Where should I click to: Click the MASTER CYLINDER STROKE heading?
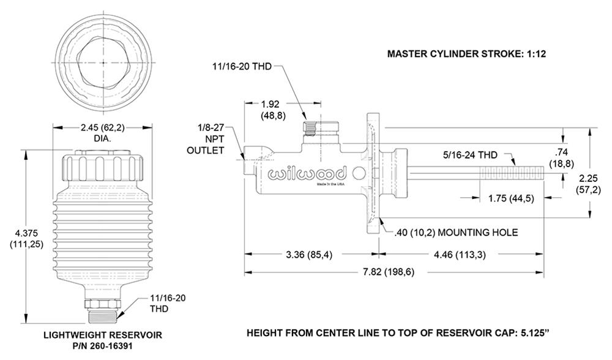coord(466,54)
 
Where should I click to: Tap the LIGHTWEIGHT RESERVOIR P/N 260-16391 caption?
coord(102,340)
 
